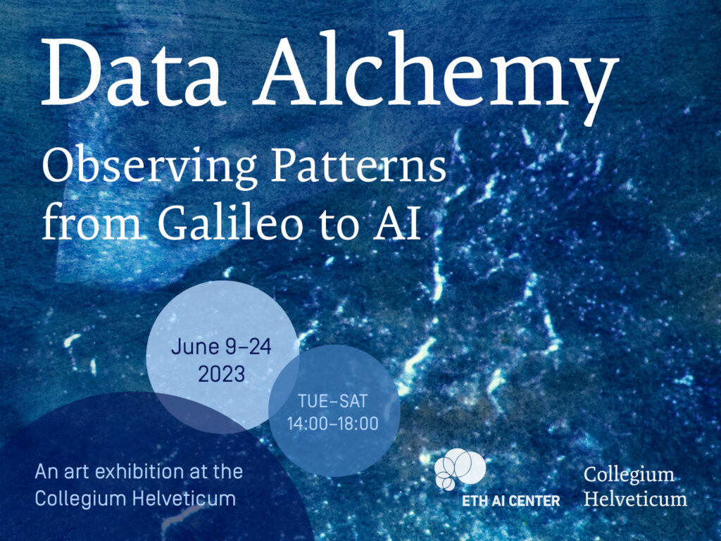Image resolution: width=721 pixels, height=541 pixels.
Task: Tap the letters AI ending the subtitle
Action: [x=397, y=224]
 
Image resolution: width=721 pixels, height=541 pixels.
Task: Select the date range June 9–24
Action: [x=221, y=347]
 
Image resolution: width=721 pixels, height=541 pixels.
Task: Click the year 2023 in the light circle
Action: [x=222, y=374]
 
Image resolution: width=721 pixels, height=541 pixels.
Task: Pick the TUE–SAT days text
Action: [x=332, y=401]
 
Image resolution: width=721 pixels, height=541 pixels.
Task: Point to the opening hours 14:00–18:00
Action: [x=332, y=423]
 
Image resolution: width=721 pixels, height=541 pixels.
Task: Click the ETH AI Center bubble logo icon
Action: [x=460, y=468]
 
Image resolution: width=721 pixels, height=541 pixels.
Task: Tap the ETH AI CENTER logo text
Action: [x=511, y=501]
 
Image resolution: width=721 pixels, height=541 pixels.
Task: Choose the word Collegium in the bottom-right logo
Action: [x=629, y=475]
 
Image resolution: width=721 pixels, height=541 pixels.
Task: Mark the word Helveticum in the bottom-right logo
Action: [x=636, y=499]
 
